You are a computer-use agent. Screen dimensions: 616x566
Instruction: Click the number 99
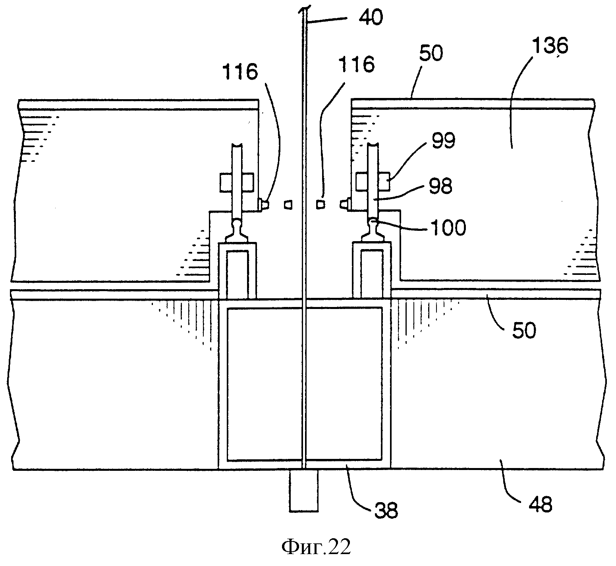coord(444,141)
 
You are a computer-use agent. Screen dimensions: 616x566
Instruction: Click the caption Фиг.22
coord(316,547)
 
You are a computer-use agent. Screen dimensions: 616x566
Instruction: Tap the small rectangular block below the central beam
coord(304,490)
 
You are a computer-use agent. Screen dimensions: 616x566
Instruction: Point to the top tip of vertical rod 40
coord(304,7)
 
